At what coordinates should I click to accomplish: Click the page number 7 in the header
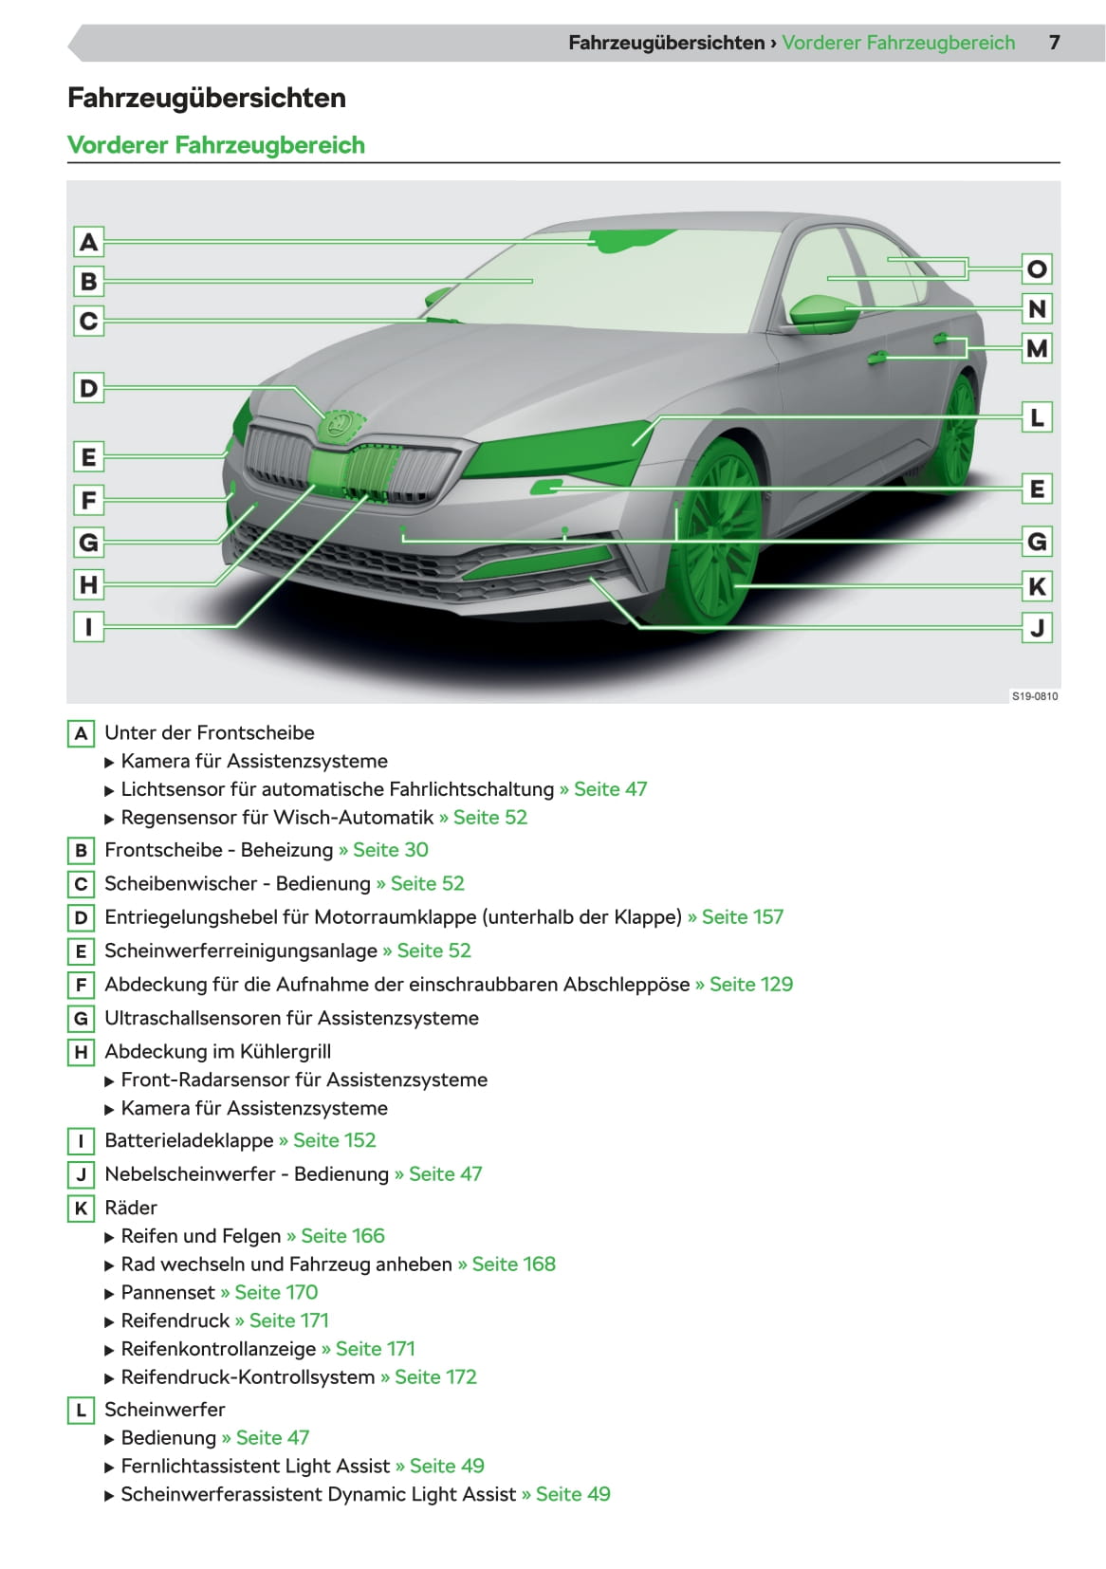(x=1054, y=43)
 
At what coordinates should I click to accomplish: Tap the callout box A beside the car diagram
(x=88, y=243)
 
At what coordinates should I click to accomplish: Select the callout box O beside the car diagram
(x=1037, y=269)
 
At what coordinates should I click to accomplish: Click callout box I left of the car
(x=88, y=626)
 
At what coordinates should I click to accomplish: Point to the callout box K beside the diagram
(x=1037, y=586)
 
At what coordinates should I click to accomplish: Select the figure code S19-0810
(x=1034, y=696)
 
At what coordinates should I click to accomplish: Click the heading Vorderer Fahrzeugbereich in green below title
(x=216, y=145)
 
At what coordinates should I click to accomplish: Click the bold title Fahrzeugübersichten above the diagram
(x=207, y=98)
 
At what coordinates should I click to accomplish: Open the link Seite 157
(x=742, y=917)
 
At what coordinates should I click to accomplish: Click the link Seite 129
(x=750, y=985)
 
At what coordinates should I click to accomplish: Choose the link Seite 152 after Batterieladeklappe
(x=334, y=1140)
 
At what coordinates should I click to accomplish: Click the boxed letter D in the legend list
(x=81, y=917)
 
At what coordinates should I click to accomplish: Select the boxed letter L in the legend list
(x=81, y=1410)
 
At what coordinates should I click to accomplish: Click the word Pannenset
(x=168, y=1292)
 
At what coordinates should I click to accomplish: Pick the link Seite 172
(x=435, y=1377)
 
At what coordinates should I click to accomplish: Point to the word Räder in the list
(x=131, y=1208)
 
